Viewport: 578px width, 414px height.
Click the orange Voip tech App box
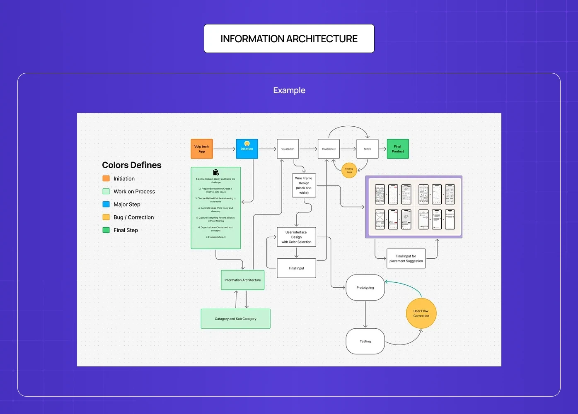tap(202, 149)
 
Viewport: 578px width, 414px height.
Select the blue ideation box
tap(247, 149)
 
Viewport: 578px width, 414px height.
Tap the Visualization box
tap(288, 149)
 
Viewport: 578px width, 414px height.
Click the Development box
tap(329, 149)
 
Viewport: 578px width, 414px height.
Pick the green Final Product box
tap(398, 149)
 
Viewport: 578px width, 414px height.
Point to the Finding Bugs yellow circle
tap(349, 170)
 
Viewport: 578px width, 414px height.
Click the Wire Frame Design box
tap(304, 185)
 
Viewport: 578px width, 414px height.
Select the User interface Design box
tap(296, 237)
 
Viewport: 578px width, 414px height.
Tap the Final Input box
tap(296, 268)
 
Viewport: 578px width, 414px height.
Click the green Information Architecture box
tap(243, 280)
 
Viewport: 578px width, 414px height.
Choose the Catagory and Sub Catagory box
tap(235, 319)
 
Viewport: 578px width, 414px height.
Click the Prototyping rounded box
tap(365, 288)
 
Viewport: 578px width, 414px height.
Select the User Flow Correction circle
tap(421, 313)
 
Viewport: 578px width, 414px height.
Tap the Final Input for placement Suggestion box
tap(406, 259)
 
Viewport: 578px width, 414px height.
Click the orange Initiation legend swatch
tap(106, 178)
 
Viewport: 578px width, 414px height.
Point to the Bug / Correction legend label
tap(133, 217)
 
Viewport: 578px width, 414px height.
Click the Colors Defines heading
tap(132, 165)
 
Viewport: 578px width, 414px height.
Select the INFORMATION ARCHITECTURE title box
tap(289, 39)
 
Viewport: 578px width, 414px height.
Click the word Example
tap(289, 90)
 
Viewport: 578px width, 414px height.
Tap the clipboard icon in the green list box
tap(215, 172)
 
